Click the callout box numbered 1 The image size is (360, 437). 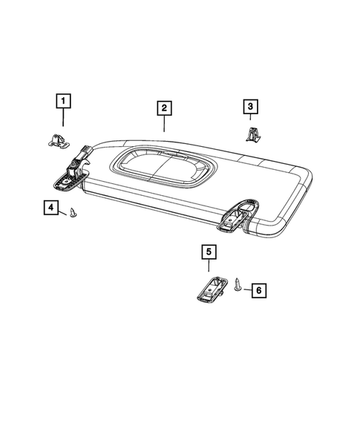coord(64,99)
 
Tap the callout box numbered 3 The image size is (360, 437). coord(250,108)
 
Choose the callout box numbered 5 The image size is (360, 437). coord(208,252)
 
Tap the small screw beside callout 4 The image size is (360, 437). coord(73,214)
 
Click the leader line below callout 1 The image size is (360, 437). coord(64,117)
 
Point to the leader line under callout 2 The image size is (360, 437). coord(163,125)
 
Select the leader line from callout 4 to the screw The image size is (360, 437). coord(63,211)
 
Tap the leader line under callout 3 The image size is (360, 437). coord(250,120)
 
